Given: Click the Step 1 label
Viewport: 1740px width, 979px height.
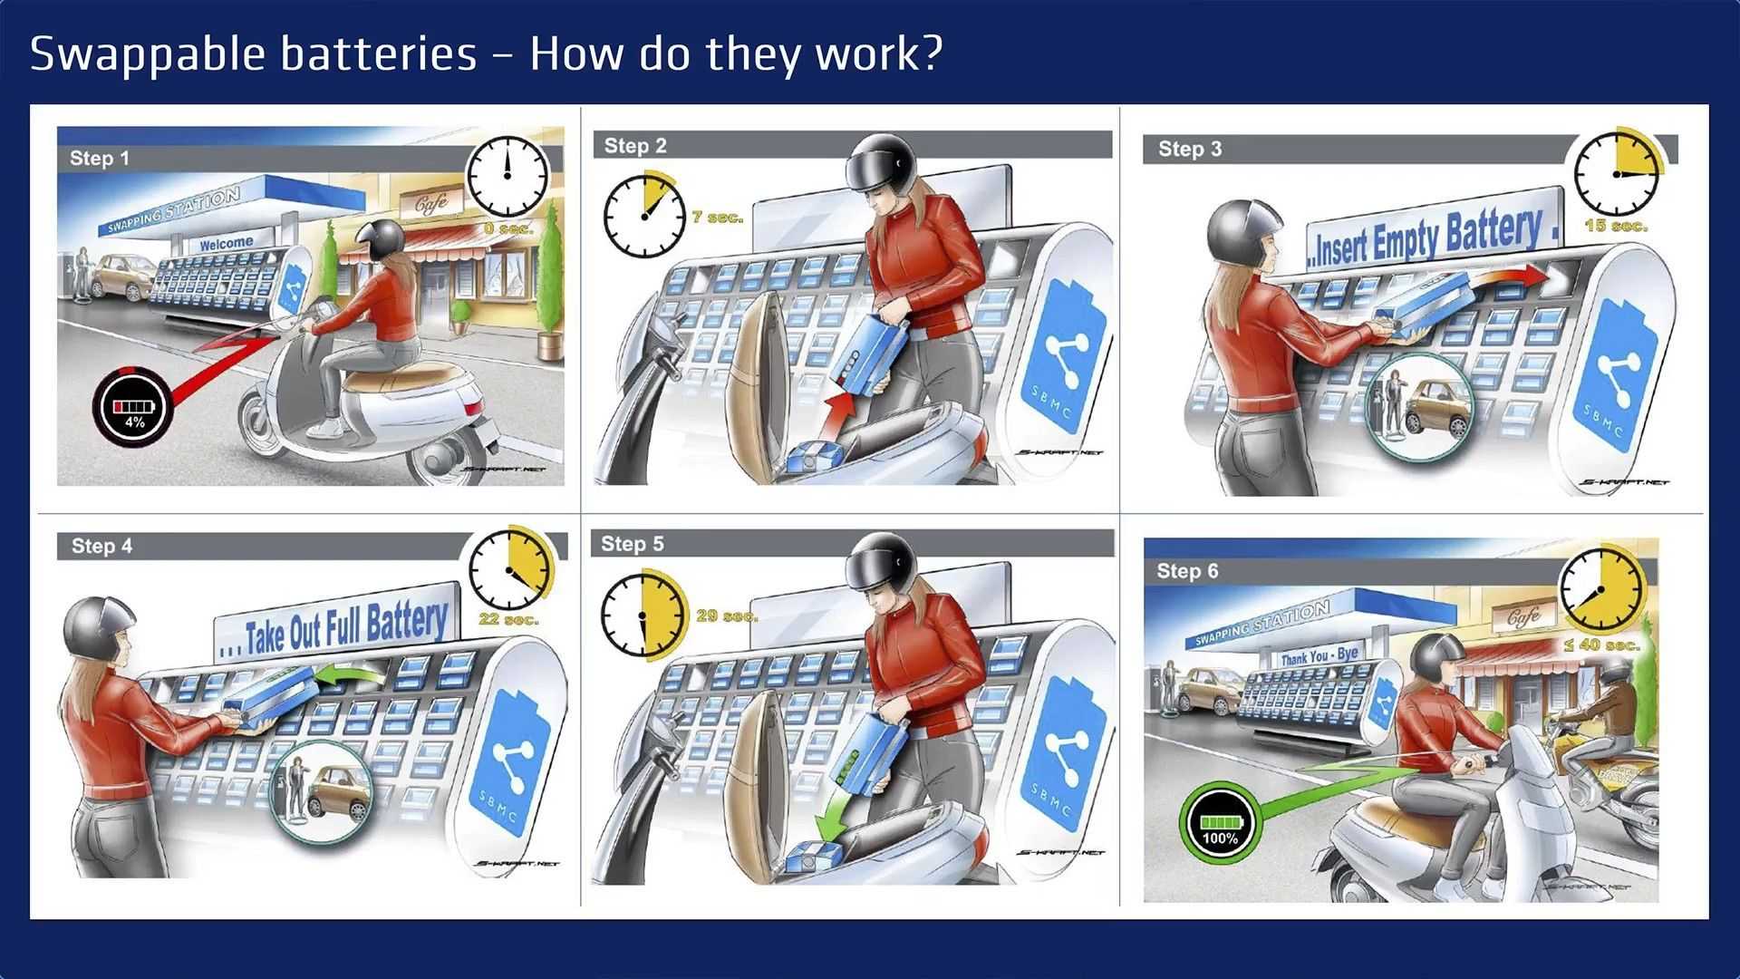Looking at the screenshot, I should click(x=100, y=159).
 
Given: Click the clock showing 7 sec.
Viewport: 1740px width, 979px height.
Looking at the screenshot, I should click(x=643, y=217).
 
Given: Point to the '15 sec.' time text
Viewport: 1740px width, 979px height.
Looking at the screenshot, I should click(x=1616, y=226).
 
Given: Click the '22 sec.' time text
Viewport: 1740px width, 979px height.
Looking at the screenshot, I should click(x=508, y=619).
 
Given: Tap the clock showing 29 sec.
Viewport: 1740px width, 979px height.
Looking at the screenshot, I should click(x=643, y=614).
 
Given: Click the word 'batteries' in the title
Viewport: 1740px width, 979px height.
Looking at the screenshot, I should click(x=378, y=53).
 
